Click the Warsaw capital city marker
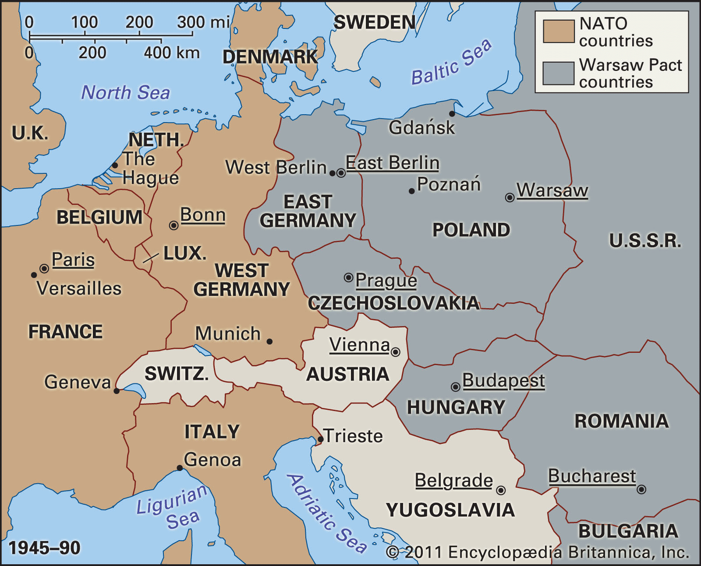[510, 197]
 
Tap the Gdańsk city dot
[452, 114]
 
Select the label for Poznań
[449, 184]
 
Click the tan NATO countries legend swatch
[559, 32]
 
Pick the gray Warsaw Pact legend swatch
[559, 73]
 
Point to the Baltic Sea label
[451, 62]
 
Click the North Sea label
[126, 93]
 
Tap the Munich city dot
[269, 341]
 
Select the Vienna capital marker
[395, 352]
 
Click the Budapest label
[503, 380]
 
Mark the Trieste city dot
[320, 439]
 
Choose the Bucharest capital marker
[641, 489]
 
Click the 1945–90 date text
[45, 548]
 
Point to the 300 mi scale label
[203, 22]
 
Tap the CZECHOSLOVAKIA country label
[393, 303]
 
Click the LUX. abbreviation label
[184, 253]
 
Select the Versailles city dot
[34, 275]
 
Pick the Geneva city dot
[117, 391]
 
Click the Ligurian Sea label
[172, 508]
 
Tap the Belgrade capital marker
[501, 490]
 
